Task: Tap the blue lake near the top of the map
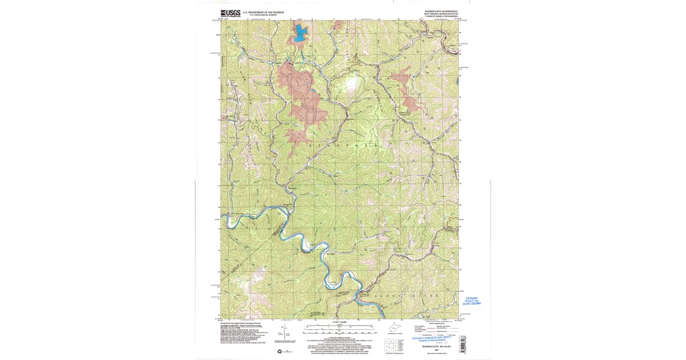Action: coord(300,34)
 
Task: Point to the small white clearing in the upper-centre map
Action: coord(350,85)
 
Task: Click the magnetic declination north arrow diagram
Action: coord(284,333)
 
